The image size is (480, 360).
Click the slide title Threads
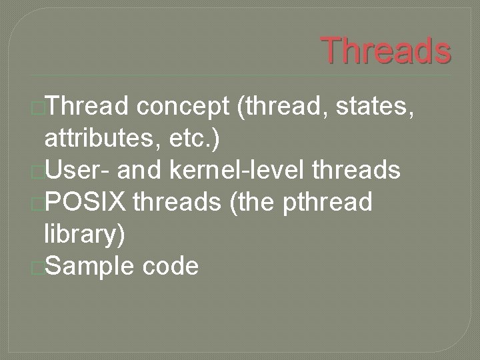pyautogui.click(x=386, y=50)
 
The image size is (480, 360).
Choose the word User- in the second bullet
pyautogui.click(x=78, y=171)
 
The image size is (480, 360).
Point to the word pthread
pyautogui.click(x=327, y=202)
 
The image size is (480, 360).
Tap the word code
pyautogui.click(x=170, y=266)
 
